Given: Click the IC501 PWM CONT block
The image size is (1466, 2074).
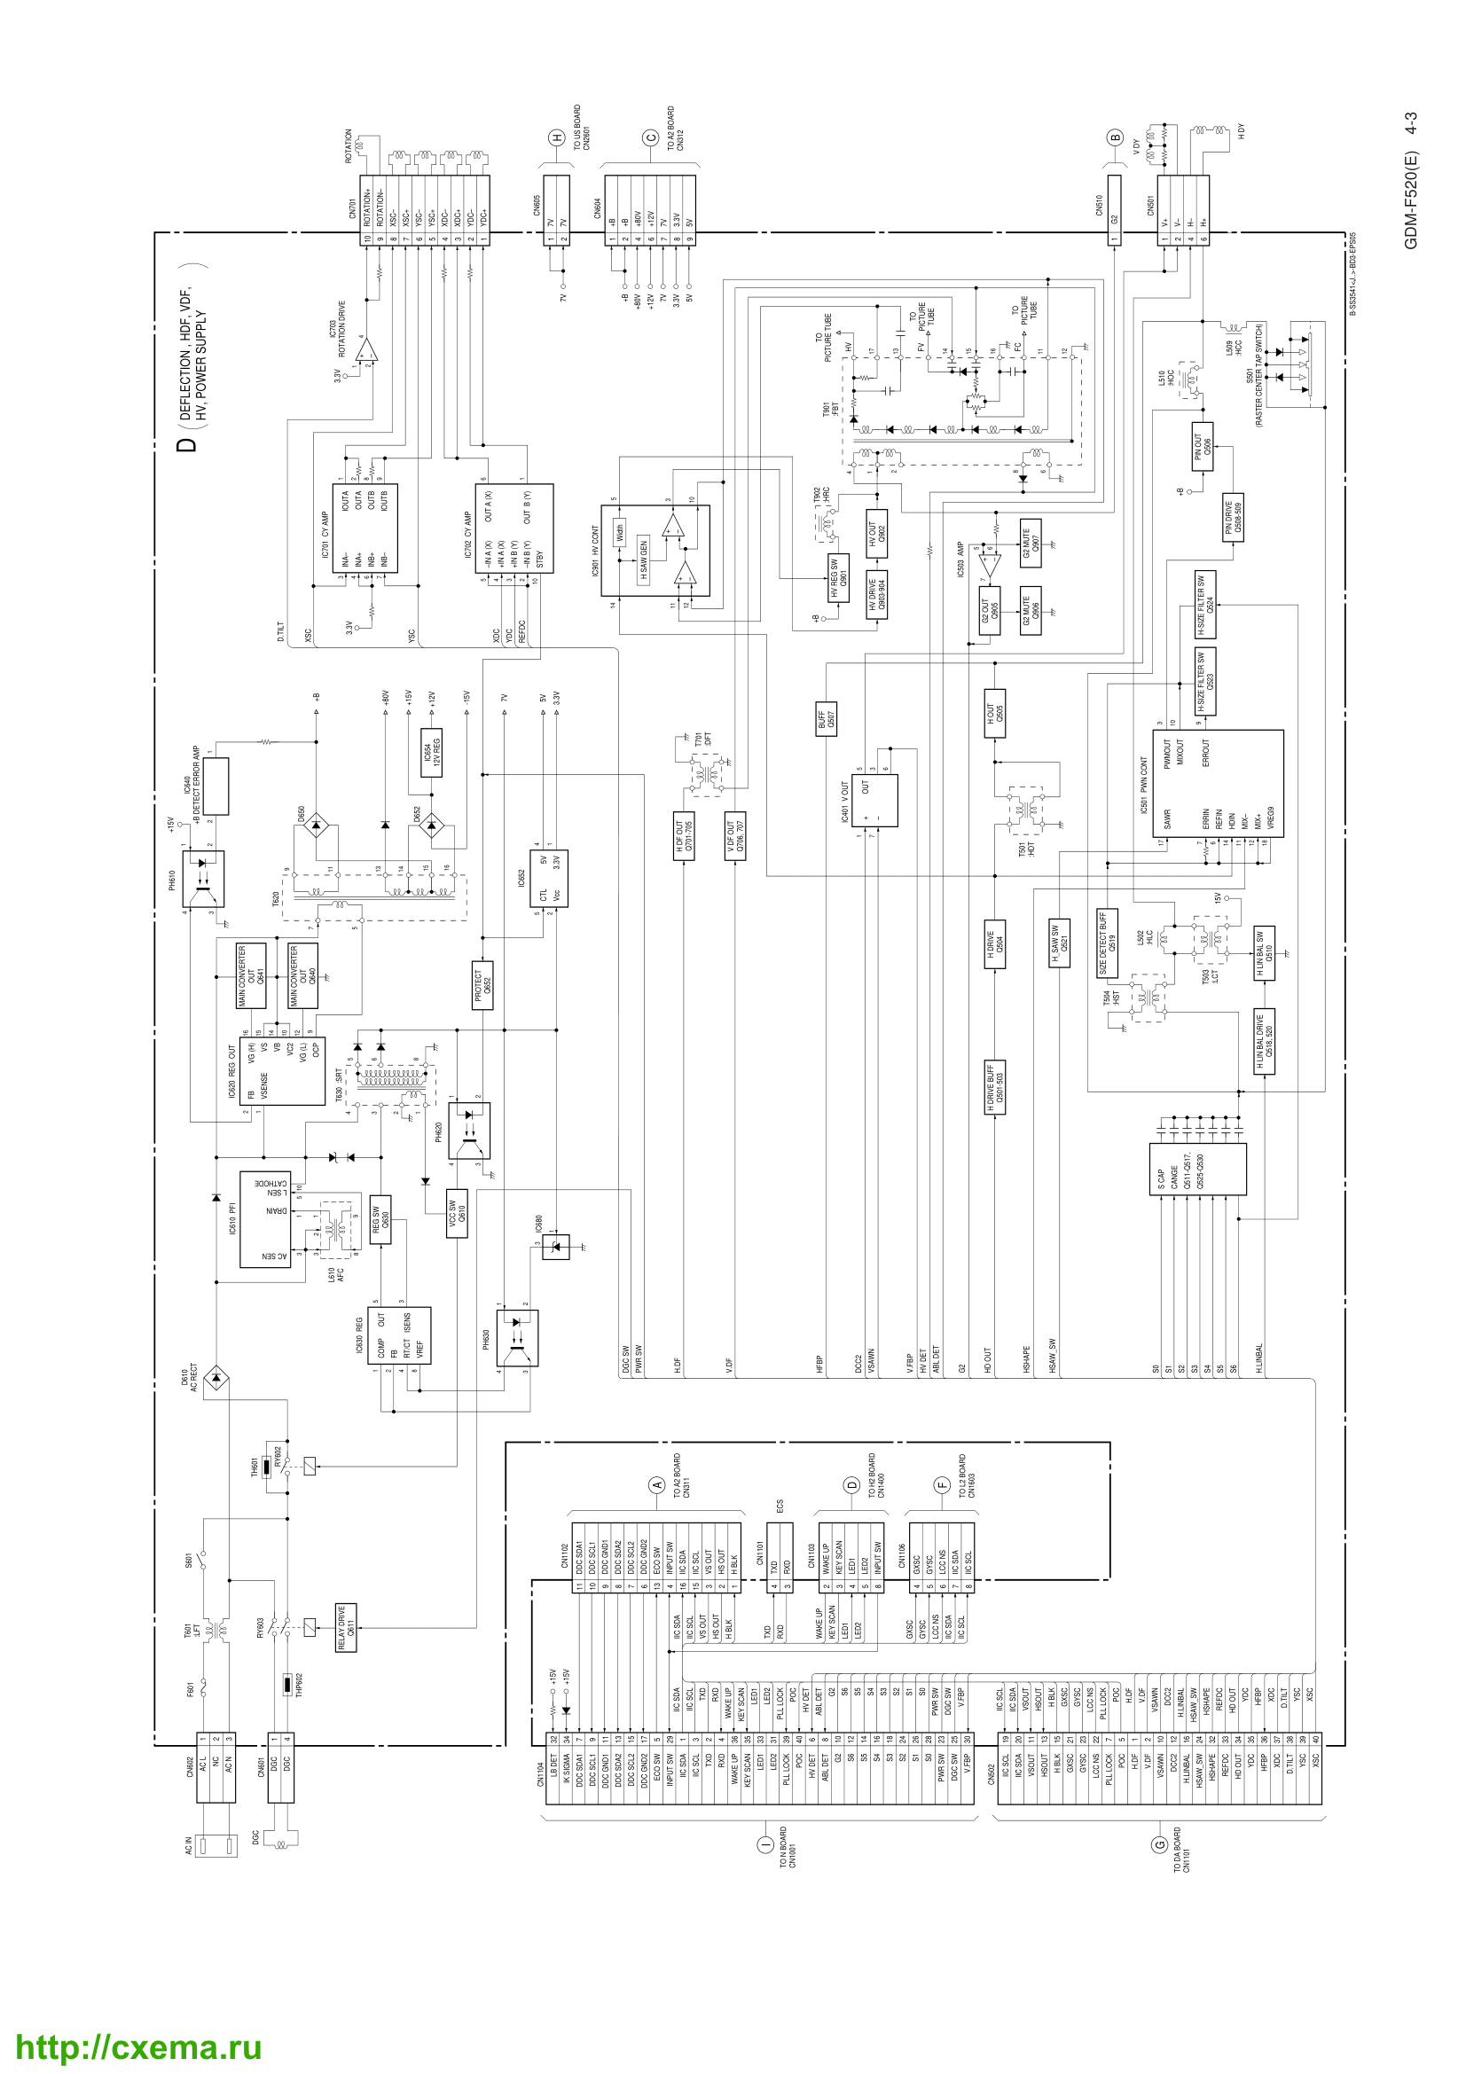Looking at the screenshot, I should click(1219, 784).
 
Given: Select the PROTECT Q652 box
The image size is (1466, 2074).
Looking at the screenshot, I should click(482, 983).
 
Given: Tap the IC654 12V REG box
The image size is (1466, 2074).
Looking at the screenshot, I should click(432, 752).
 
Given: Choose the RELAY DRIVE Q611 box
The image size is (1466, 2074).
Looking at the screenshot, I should click(345, 1628).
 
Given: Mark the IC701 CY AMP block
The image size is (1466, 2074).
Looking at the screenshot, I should click(370, 528).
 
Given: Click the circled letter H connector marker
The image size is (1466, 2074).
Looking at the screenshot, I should click(557, 138).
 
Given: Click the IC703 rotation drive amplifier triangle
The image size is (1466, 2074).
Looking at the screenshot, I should click(368, 350).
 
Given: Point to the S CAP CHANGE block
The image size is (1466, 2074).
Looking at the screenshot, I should click(1196, 1169).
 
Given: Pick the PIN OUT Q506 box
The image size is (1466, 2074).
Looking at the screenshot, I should click(1202, 446).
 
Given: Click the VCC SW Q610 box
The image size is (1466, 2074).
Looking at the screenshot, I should click(457, 1213).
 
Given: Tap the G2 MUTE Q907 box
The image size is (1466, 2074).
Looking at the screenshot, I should click(1030, 543).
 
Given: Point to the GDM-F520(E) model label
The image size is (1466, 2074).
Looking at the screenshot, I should click(1411, 180).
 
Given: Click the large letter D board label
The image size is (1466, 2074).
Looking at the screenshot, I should click(186, 444).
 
